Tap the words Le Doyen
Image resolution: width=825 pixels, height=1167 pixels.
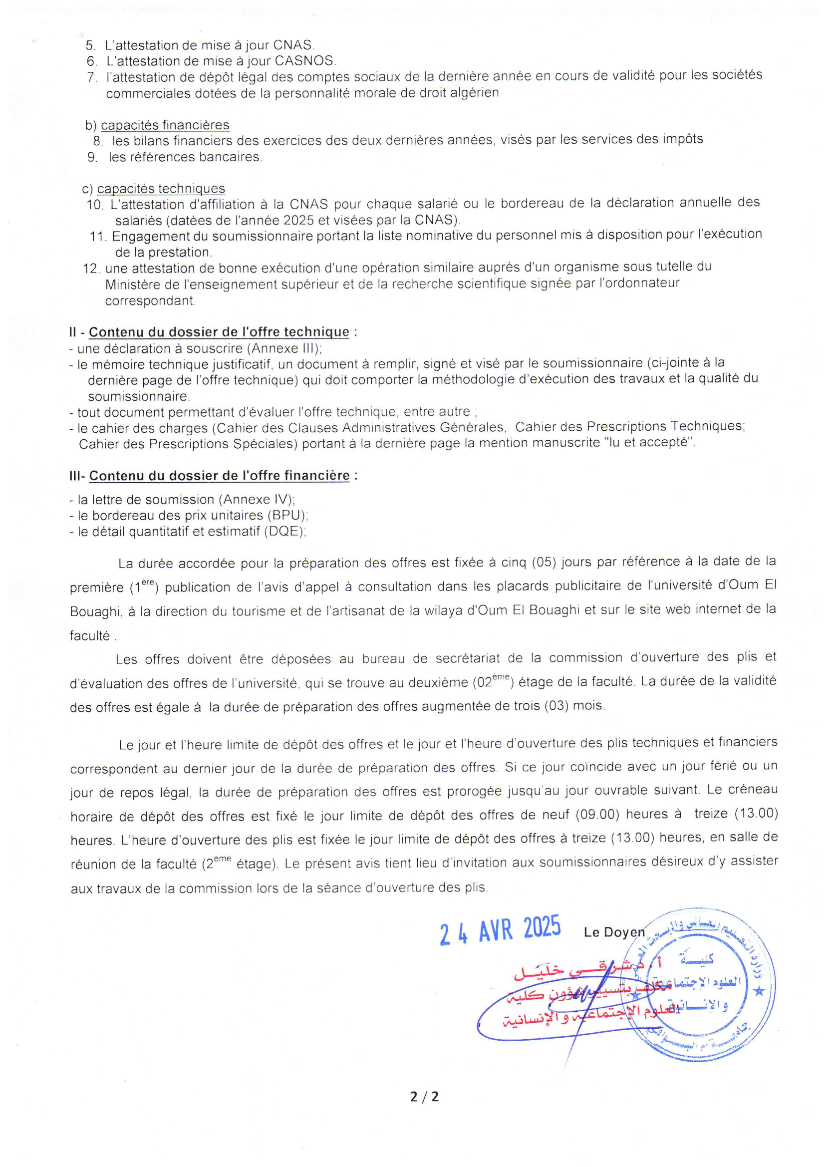[613, 932]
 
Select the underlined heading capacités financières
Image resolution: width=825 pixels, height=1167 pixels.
[165, 125]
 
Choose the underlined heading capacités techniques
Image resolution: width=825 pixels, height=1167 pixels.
[161, 189]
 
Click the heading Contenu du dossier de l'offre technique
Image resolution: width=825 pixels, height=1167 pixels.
[219, 332]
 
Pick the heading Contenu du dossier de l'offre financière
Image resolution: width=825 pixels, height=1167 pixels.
[219, 476]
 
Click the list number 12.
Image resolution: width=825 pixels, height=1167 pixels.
[91, 269]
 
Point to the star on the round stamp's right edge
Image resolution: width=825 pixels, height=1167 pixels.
[760, 991]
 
